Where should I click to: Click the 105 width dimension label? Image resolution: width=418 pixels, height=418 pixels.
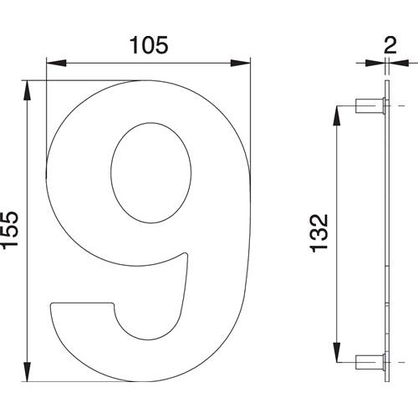[x=149, y=45]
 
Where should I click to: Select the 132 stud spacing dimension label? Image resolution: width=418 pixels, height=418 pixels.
[x=319, y=233]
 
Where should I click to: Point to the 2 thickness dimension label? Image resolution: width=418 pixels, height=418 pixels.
[x=390, y=45]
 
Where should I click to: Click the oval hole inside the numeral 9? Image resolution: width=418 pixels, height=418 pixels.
[x=151, y=173]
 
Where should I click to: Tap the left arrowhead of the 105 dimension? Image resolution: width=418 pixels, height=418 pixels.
[x=56, y=63]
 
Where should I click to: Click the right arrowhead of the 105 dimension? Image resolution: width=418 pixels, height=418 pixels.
[x=241, y=63]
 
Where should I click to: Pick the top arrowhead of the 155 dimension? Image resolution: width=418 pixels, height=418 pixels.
[x=27, y=90]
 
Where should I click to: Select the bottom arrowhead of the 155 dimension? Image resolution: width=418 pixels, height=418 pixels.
[x=27, y=372]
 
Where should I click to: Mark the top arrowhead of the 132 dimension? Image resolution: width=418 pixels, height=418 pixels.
[x=337, y=116]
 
